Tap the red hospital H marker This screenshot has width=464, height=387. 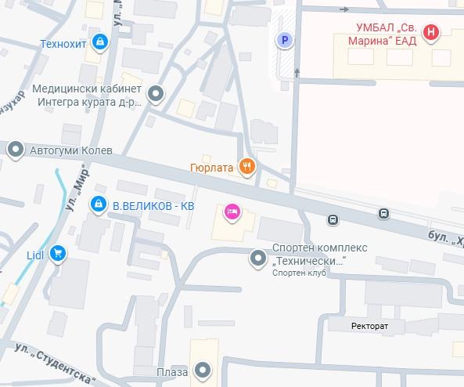(430, 32)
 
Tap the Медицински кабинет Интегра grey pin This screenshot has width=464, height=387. (156, 95)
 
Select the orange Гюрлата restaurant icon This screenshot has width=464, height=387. (247, 166)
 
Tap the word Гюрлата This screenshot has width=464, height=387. (211, 167)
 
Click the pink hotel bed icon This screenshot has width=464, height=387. (232, 212)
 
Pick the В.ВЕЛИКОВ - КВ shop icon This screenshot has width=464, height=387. (98, 204)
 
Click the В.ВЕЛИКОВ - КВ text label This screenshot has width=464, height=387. (153, 205)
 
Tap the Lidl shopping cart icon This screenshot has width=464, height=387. (57, 253)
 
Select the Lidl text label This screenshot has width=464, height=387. (34, 253)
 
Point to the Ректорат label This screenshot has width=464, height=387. (368, 325)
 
